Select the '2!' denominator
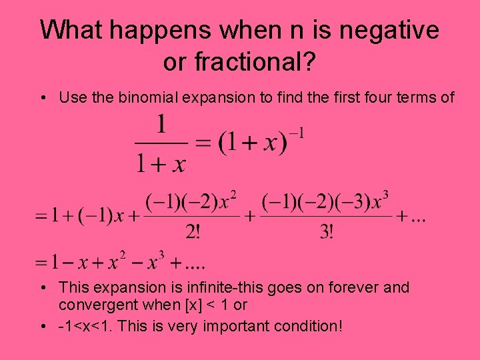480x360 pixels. point(192,233)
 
